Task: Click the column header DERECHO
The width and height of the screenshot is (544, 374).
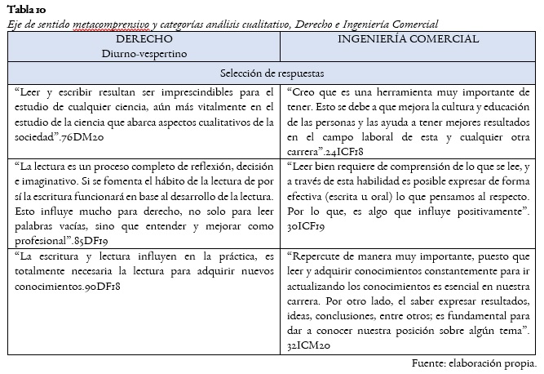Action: (144, 39)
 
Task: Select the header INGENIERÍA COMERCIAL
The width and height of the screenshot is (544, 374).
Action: (408, 39)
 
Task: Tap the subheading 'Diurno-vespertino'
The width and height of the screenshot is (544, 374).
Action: (144, 53)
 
